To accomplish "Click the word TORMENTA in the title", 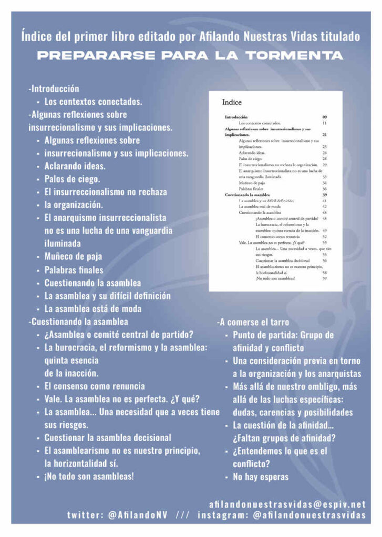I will coord(295,56).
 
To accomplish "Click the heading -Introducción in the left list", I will coord(54,89).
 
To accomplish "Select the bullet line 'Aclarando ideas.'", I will coord(75,166).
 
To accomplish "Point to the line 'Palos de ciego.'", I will coord(73,179).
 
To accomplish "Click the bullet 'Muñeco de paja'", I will coord(73,256).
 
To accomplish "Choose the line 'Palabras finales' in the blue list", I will coord(74,270).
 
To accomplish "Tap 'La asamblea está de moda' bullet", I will coord(92,308).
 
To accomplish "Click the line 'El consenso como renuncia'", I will coord(95,386).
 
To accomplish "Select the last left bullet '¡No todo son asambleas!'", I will coord(89,476).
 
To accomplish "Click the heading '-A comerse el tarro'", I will coord(253,322).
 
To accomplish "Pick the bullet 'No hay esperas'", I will coord(261,477).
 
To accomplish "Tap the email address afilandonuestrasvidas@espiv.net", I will coord(287,504).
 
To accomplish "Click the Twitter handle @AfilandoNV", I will coord(137,515).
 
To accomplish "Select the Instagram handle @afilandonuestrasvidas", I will coord(309,515).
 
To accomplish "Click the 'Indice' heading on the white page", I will coord(232,103).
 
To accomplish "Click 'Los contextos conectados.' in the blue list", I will coord(93,102).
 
